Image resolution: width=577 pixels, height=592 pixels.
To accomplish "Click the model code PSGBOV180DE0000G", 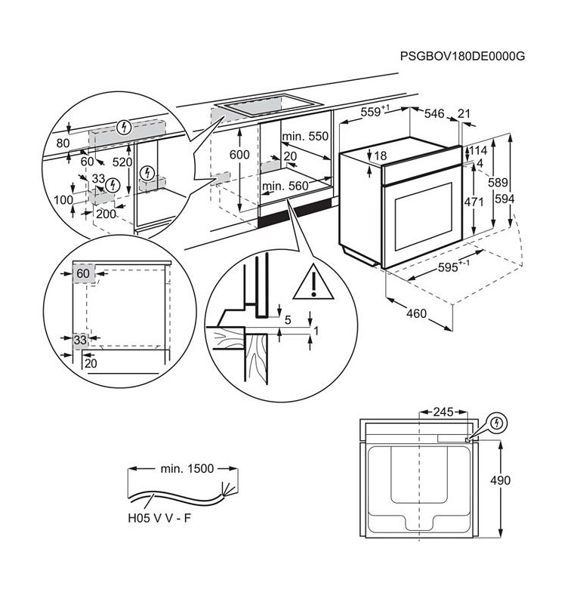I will pyautogui.click(x=462, y=57).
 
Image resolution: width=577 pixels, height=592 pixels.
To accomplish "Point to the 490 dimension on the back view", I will pyautogui.click(x=521, y=480).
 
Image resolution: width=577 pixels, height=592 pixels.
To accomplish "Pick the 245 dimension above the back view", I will pyautogui.click(x=444, y=412).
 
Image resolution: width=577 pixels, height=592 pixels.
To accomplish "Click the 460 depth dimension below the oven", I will pyautogui.click(x=416, y=313).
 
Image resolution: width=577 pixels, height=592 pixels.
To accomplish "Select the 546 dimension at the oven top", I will pyautogui.click(x=434, y=113).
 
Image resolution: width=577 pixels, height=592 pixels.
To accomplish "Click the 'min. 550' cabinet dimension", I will pyautogui.click(x=307, y=137).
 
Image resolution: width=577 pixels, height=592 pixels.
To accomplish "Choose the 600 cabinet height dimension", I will pyautogui.click(x=239, y=155).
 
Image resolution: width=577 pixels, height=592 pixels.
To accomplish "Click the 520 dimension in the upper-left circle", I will pyautogui.click(x=122, y=162).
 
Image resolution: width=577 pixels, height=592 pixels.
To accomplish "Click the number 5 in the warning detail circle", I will pyautogui.click(x=287, y=319).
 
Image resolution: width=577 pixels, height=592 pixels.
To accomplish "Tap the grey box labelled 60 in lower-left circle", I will pyautogui.click(x=83, y=273).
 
